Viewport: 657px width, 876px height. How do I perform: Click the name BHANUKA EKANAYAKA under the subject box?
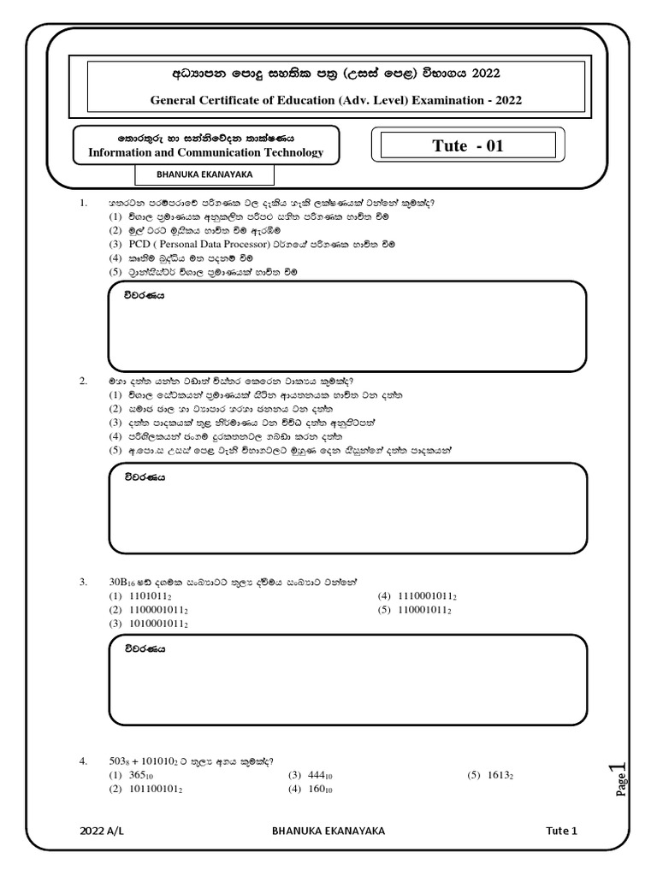(205, 175)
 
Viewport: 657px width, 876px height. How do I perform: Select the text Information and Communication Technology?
(206, 152)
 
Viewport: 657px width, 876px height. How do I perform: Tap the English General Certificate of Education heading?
(335, 100)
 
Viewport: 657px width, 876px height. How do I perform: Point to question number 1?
(83, 204)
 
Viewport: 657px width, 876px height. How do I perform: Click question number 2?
(83, 381)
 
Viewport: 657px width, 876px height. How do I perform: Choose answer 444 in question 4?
(319, 776)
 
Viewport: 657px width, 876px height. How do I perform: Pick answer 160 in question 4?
(319, 790)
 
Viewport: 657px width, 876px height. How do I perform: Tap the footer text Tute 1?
(562, 830)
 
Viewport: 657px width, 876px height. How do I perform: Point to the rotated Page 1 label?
(621, 778)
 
